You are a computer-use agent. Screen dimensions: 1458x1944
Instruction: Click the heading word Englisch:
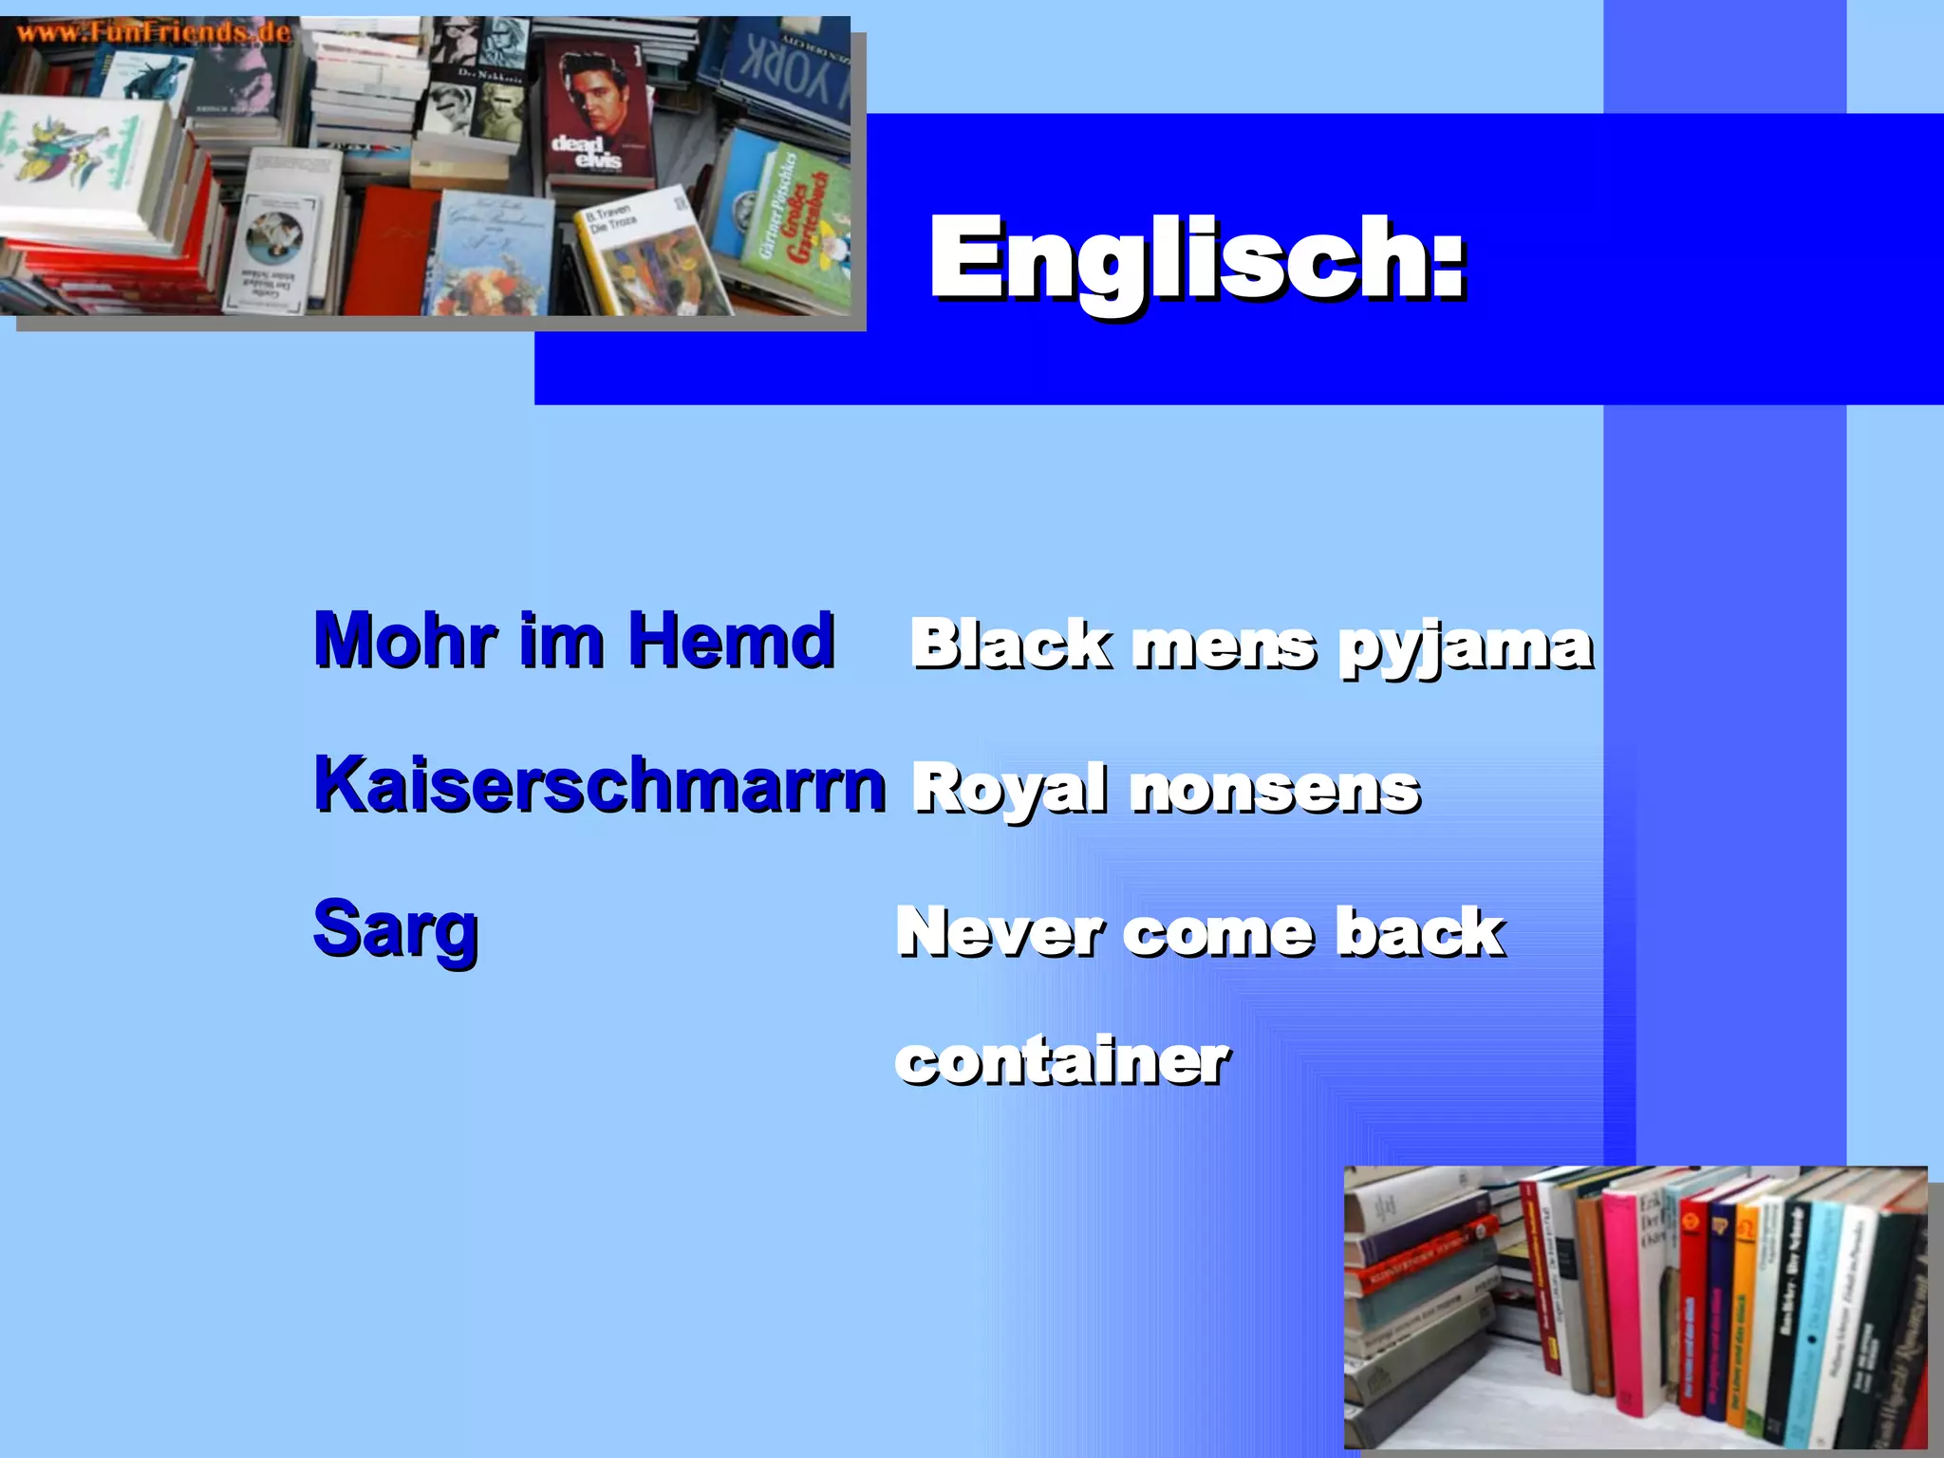pyautogui.click(x=1198, y=259)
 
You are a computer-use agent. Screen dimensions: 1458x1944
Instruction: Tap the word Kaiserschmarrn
pyautogui.click(x=600, y=786)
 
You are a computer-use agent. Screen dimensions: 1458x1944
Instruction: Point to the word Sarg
pyautogui.click(x=395, y=930)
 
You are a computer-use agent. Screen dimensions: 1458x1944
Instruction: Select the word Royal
pyautogui.click(x=1009, y=790)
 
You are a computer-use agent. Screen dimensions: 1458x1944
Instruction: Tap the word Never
pyautogui.click(x=999, y=932)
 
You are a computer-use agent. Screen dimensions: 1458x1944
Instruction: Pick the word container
pyautogui.click(x=1061, y=1060)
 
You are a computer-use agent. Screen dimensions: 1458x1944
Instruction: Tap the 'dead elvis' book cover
pyautogui.click(x=597, y=114)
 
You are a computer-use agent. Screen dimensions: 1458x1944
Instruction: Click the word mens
pyautogui.click(x=1224, y=645)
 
